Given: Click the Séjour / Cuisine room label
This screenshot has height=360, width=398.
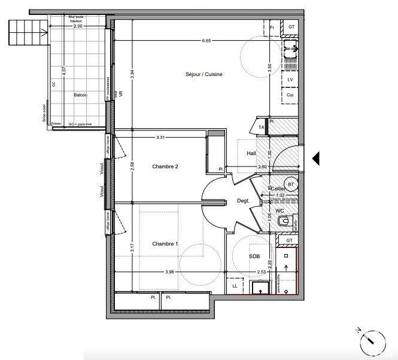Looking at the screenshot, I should coord(203,74).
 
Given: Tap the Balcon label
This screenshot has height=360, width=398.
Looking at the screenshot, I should coord(80,95).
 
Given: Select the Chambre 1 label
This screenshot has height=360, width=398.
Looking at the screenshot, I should coord(165,244).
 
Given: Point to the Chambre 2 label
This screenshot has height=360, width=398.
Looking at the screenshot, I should coord(165,167).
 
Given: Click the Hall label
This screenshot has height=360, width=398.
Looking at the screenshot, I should coord(251,153).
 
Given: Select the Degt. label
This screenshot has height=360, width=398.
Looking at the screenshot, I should coord(242,201).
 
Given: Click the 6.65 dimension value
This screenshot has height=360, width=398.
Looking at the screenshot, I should coord(206,41).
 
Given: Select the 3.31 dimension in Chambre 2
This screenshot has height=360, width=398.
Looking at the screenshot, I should coord(160,138).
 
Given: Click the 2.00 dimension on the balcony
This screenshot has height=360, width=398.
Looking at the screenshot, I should coord(78,26).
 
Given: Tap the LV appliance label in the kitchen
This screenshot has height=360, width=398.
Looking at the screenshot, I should coord(290,80).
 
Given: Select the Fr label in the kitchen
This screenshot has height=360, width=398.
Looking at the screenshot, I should coord(272,28).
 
